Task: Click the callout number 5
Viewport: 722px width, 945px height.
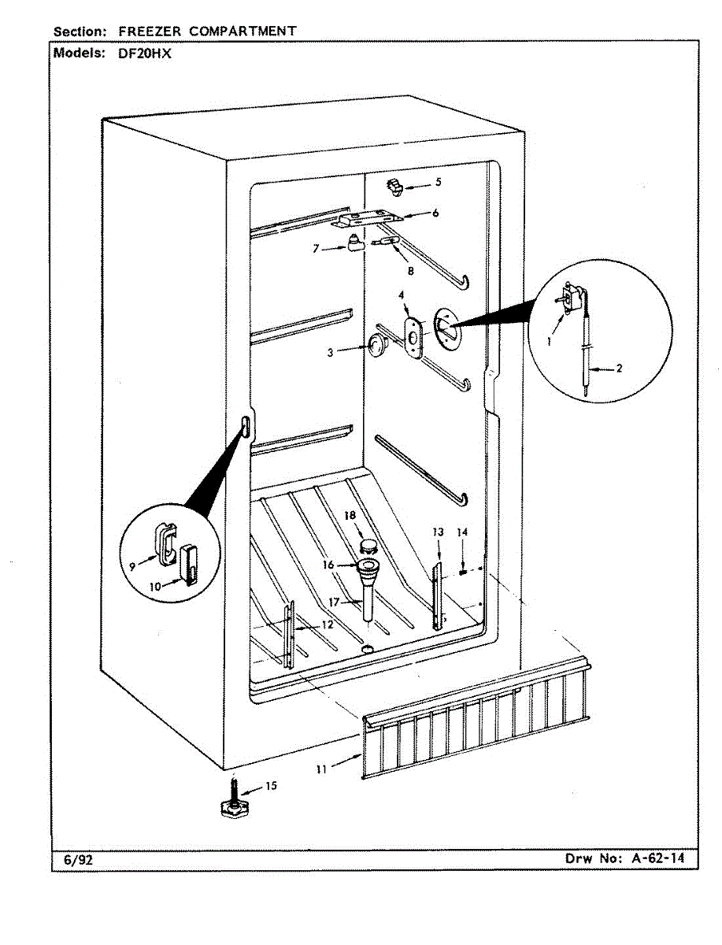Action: (x=438, y=182)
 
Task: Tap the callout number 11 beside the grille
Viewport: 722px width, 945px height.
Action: (x=321, y=769)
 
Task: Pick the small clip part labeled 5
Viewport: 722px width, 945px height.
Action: (x=394, y=186)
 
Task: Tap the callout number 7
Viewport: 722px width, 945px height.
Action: (x=316, y=248)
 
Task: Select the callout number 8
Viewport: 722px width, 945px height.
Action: (x=410, y=270)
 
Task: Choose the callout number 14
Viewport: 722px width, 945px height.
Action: (x=463, y=533)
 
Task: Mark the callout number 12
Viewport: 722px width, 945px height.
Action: (x=326, y=624)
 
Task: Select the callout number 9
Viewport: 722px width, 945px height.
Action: (x=132, y=565)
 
